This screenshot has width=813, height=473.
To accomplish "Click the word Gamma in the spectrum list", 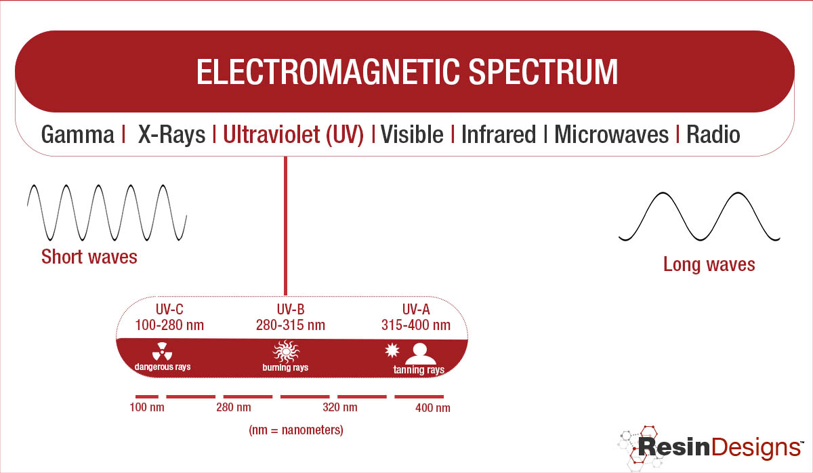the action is coord(78,135).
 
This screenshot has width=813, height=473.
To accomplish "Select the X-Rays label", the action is coord(171,135).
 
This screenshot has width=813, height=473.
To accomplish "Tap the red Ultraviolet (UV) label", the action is coord(293,135).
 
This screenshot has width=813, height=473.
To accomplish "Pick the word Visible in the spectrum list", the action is coord(412,135).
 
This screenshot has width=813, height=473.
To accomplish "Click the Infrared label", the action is coord(499,135).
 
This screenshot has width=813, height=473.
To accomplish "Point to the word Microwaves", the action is coord(612,135).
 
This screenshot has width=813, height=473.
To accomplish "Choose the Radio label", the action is coord(713,135).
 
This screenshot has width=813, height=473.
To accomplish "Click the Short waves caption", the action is coord(89,257).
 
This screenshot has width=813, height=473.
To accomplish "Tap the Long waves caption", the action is coord(709,264).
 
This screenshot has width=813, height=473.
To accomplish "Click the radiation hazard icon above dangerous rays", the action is coord(162,352).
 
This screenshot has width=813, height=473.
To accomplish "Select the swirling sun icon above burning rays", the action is coord(286,352).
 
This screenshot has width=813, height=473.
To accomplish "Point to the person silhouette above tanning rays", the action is coord(420,354).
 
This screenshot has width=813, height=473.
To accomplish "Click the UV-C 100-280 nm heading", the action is coord(169,317).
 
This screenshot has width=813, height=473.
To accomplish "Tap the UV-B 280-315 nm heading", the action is coord(291,317).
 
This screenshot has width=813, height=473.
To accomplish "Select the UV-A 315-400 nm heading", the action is coord(416,317).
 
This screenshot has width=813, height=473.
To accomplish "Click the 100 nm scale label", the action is coord(147,407).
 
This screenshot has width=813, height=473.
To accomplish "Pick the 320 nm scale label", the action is coord(340,407).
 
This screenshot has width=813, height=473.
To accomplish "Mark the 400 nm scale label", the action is coord(433,408).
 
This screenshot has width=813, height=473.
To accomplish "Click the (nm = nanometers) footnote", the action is coord(296,430).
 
